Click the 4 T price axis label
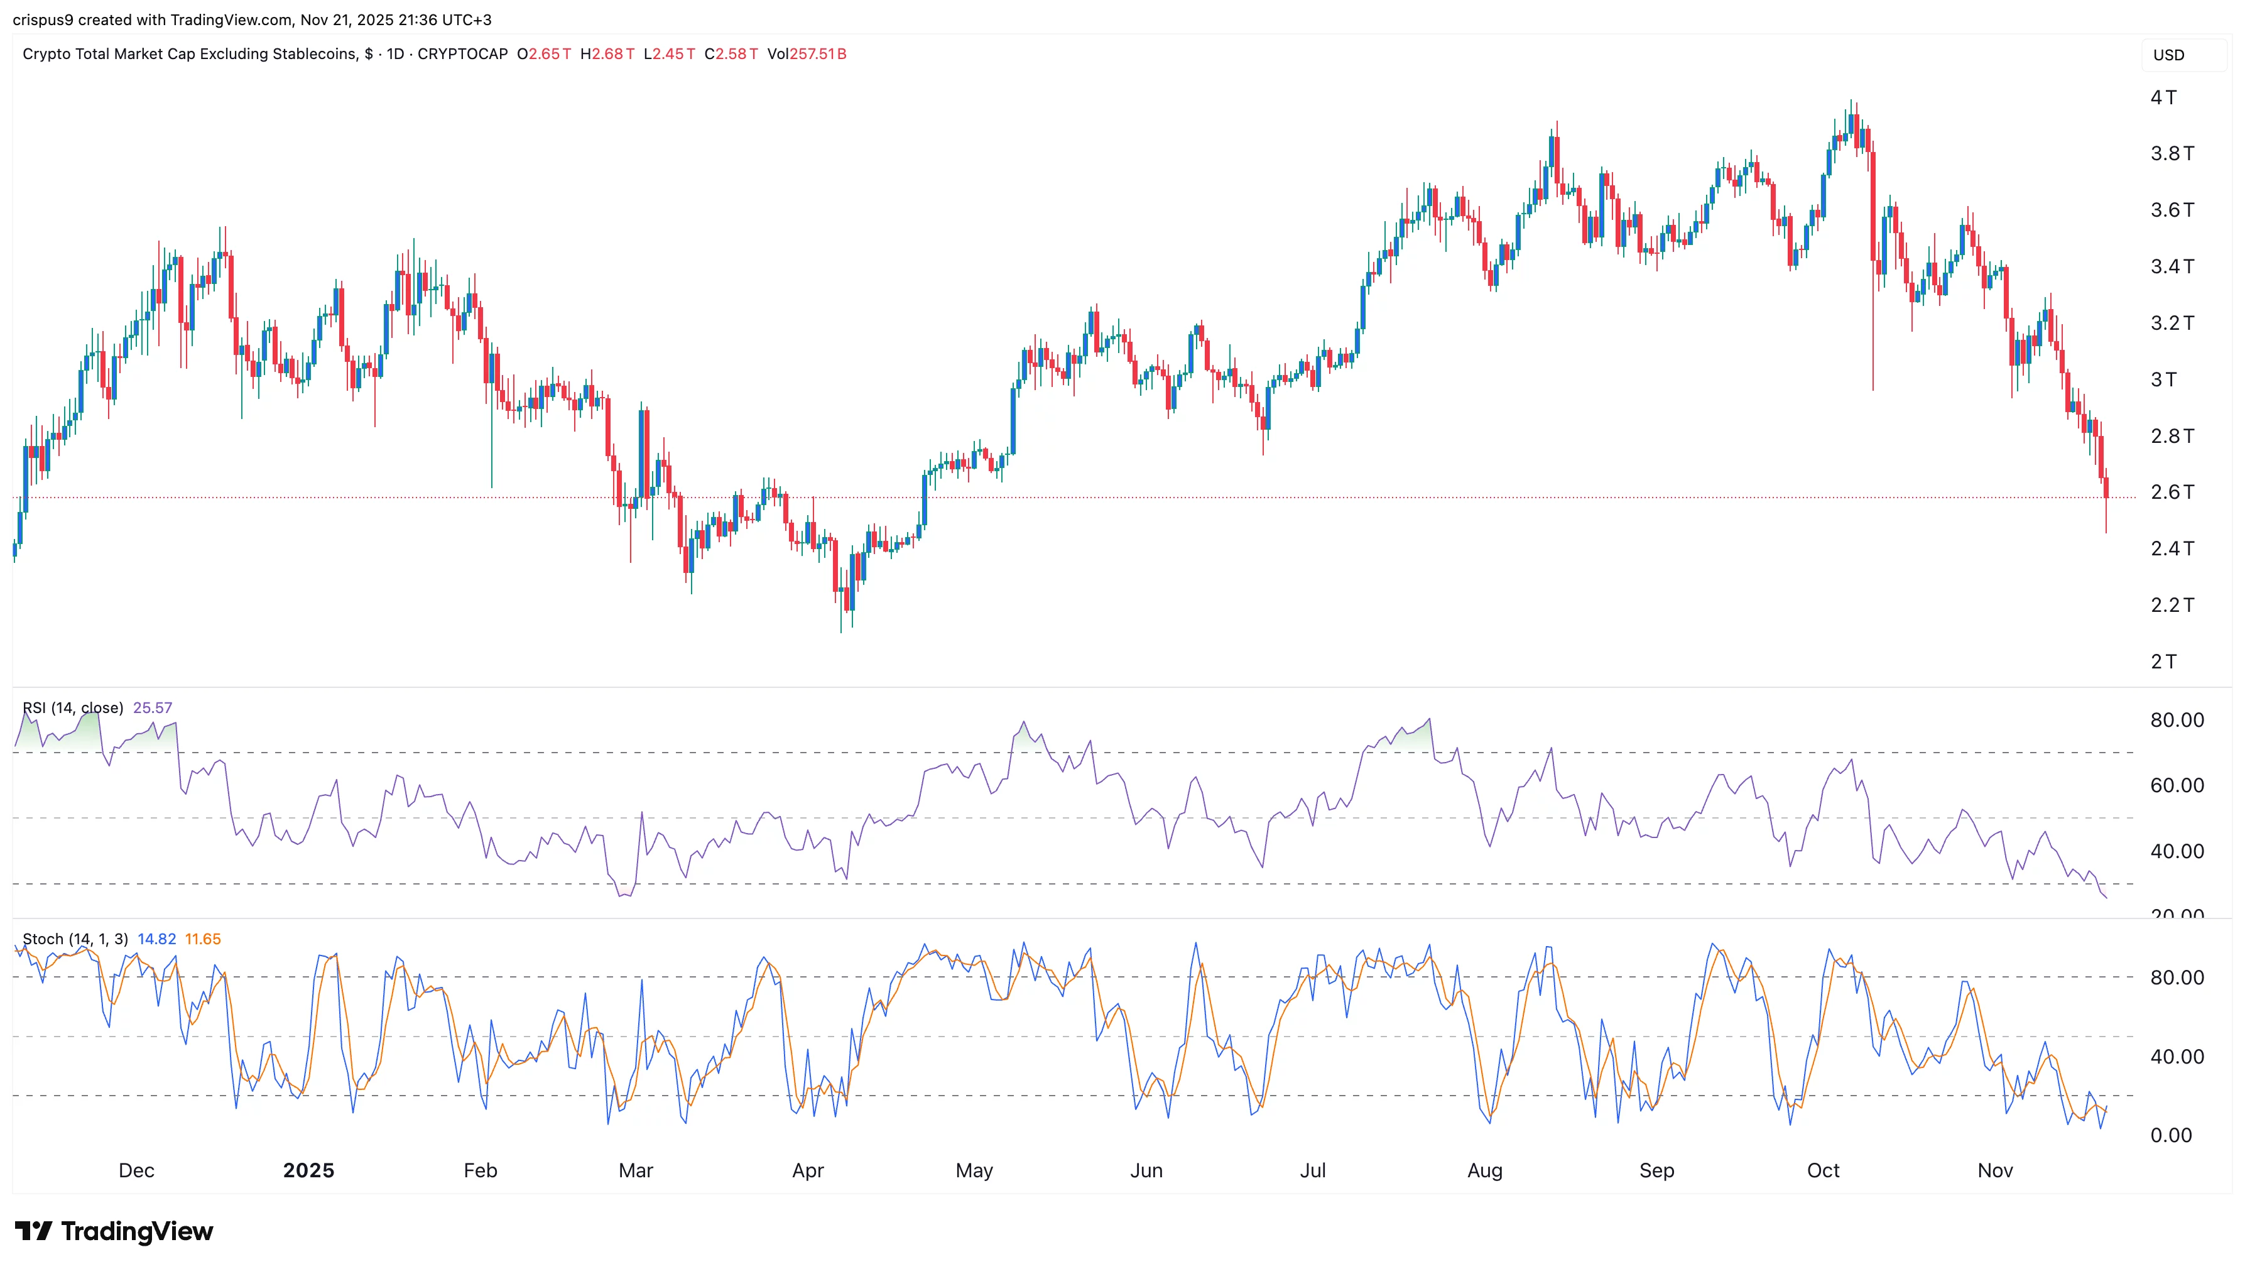pos(2163,97)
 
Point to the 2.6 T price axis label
pos(2172,493)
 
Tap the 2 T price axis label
pos(2163,662)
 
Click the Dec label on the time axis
pos(136,1170)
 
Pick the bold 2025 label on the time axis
pos(308,1170)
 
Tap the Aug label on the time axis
pos(1484,1170)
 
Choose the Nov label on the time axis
pos(1995,1170)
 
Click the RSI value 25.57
pos(153,708)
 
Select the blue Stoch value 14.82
pos(157,939)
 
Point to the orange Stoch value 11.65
pos(203,939)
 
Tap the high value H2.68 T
pos(607,54)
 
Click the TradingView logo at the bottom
pos(114,1231)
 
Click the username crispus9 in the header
pos(43,19)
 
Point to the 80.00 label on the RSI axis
pos(2176,720)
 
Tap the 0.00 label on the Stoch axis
pos(2170,1135)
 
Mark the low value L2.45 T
pos(670,54)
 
